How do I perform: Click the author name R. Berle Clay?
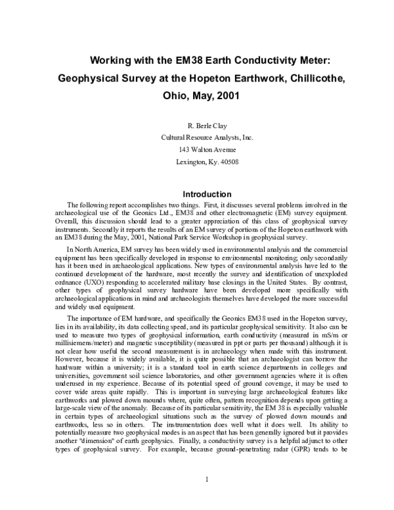(x=196, y=126)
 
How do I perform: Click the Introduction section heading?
(x=197, y=195)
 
